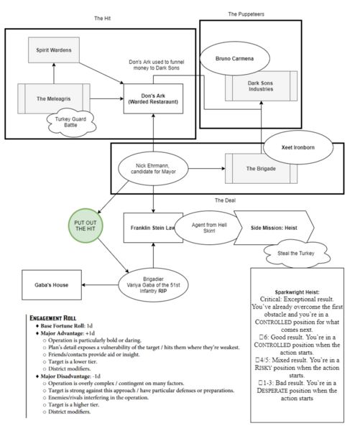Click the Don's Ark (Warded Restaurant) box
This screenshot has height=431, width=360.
pyautogui.click(x=153, y=98)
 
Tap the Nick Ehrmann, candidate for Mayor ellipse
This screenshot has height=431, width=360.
pyautogui.click(x=154, y=169)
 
